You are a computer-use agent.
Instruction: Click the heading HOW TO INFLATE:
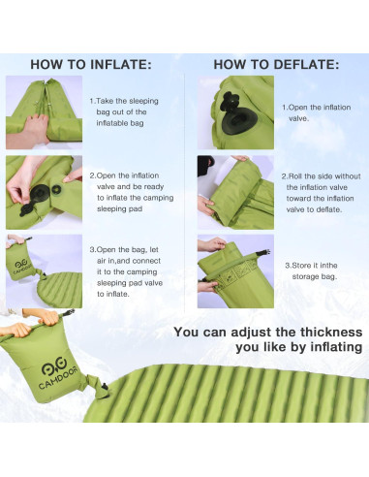point(91,64)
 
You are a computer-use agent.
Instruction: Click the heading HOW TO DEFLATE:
point(276,64)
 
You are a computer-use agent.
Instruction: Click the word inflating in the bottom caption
point(336,347)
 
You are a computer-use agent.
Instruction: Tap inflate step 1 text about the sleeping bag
point(124,111)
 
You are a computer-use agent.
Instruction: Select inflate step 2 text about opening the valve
point(132,192)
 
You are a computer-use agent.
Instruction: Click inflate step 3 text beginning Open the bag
point(126,271)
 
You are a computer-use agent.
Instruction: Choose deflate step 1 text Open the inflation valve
point(317,112)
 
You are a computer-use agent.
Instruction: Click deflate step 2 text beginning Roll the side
point(321,193)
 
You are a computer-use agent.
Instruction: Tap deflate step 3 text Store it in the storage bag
point(311,270)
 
